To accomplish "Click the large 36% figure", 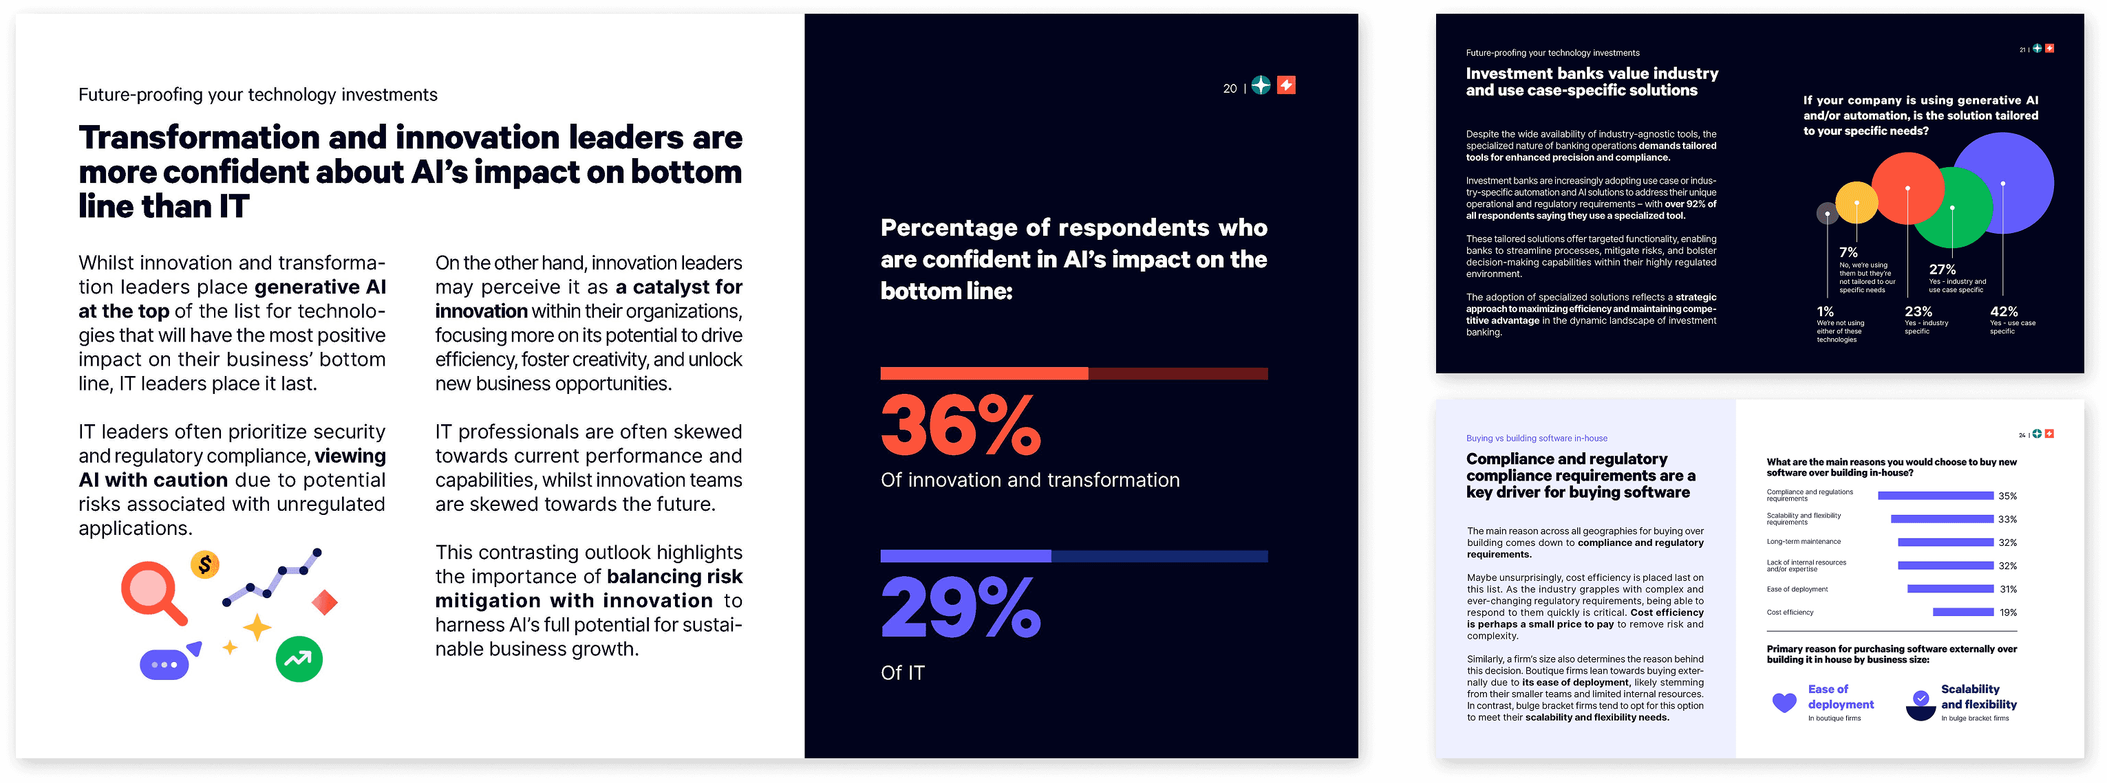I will (x=959, y=425).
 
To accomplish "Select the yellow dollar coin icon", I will (x=204, y=564).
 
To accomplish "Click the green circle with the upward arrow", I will (x=299, y=659).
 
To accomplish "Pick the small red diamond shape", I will (x=325, y=602).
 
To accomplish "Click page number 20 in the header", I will (x=1230, y=88).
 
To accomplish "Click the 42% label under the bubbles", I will (x=2003, y=311).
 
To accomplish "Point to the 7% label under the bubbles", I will (x=1848, y=252).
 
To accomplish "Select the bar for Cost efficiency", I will (x=1962, y=613).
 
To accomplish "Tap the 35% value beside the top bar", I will (x=2007, y=496).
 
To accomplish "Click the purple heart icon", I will (x=1784, y=702).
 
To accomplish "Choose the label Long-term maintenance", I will (x=1803, y=542).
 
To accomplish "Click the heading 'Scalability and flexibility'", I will (x=1978, y=696).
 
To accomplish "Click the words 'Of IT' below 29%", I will (x=902, y=672).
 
